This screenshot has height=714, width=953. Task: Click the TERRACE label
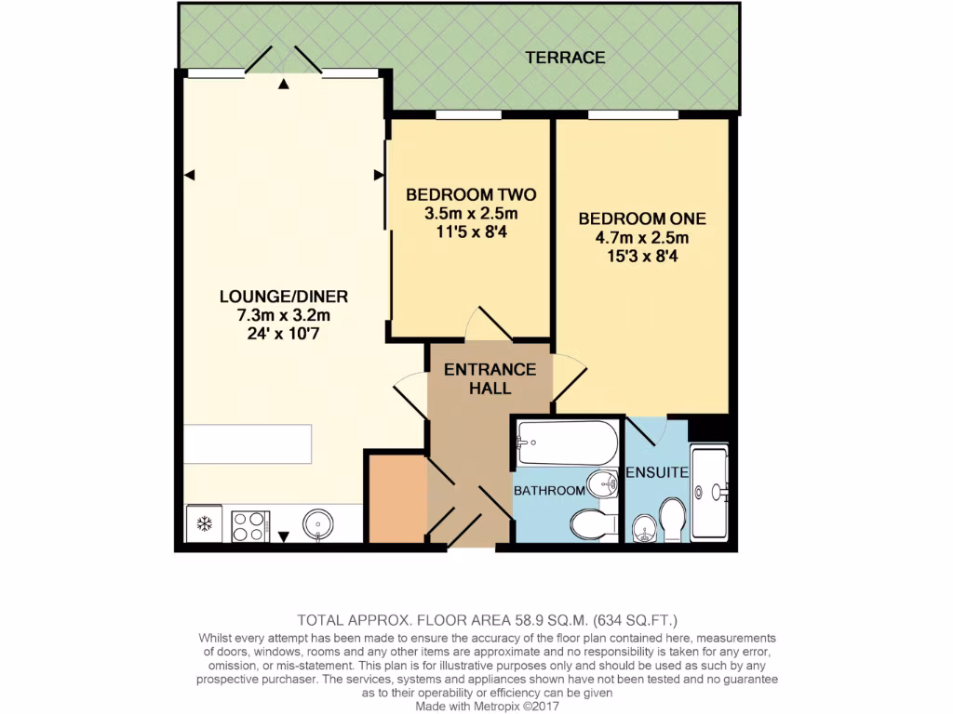(x=565, y=58)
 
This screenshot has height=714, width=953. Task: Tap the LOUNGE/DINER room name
(x=283, y=297)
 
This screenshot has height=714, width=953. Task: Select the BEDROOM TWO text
(x=471, y=195)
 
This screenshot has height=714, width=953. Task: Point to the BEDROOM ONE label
(x=642, y=219)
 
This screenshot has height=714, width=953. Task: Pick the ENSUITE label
(x=657, y=473)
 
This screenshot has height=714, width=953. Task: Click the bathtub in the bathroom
(x=567, y=444)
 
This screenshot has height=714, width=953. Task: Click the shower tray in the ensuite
(x=710, y=493)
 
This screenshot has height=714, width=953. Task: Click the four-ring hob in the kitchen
(x=249, y=525)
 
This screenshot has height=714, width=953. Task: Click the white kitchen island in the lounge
(x=248, y=443)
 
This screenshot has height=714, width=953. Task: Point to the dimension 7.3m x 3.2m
(x=283, y=315)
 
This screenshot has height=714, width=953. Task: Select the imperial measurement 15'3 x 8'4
(x=642, y=255)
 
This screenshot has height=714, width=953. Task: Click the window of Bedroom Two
(x=470, y=115)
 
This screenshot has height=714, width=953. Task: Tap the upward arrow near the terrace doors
(x=284, y=86)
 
